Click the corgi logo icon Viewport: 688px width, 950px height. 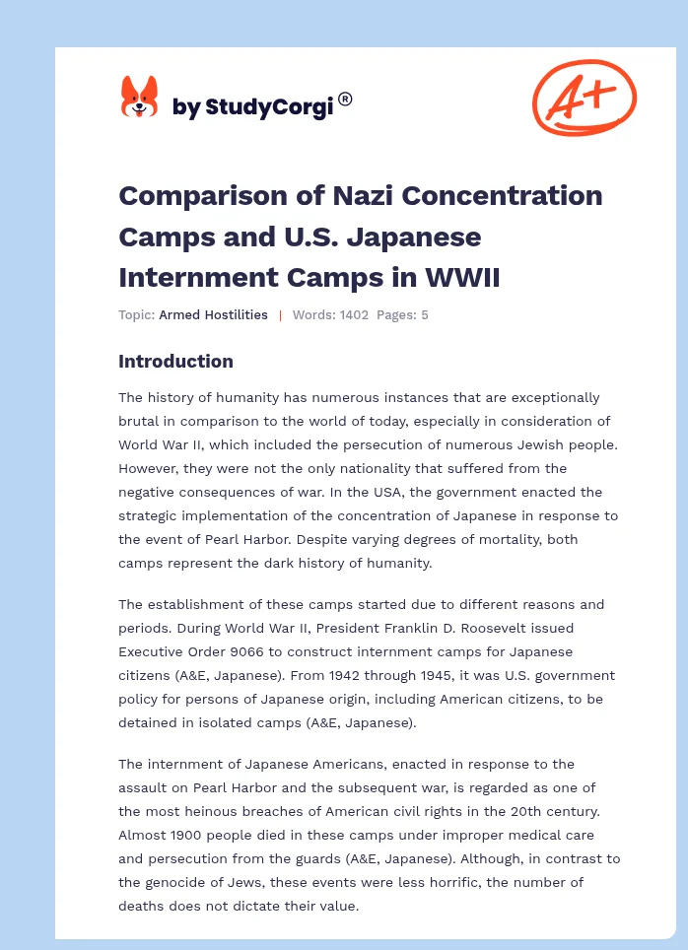click(139, 99)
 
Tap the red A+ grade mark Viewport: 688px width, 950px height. click(584, 97)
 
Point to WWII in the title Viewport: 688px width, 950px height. click(465, 278)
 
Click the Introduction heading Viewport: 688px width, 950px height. click(175, 362)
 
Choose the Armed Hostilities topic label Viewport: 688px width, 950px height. click(213, 315)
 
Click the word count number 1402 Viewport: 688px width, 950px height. click(353, 315)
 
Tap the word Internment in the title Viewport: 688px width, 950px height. click(182, 278)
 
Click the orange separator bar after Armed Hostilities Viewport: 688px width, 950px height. click(280, 315)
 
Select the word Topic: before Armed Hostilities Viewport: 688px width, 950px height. click(136, 315)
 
